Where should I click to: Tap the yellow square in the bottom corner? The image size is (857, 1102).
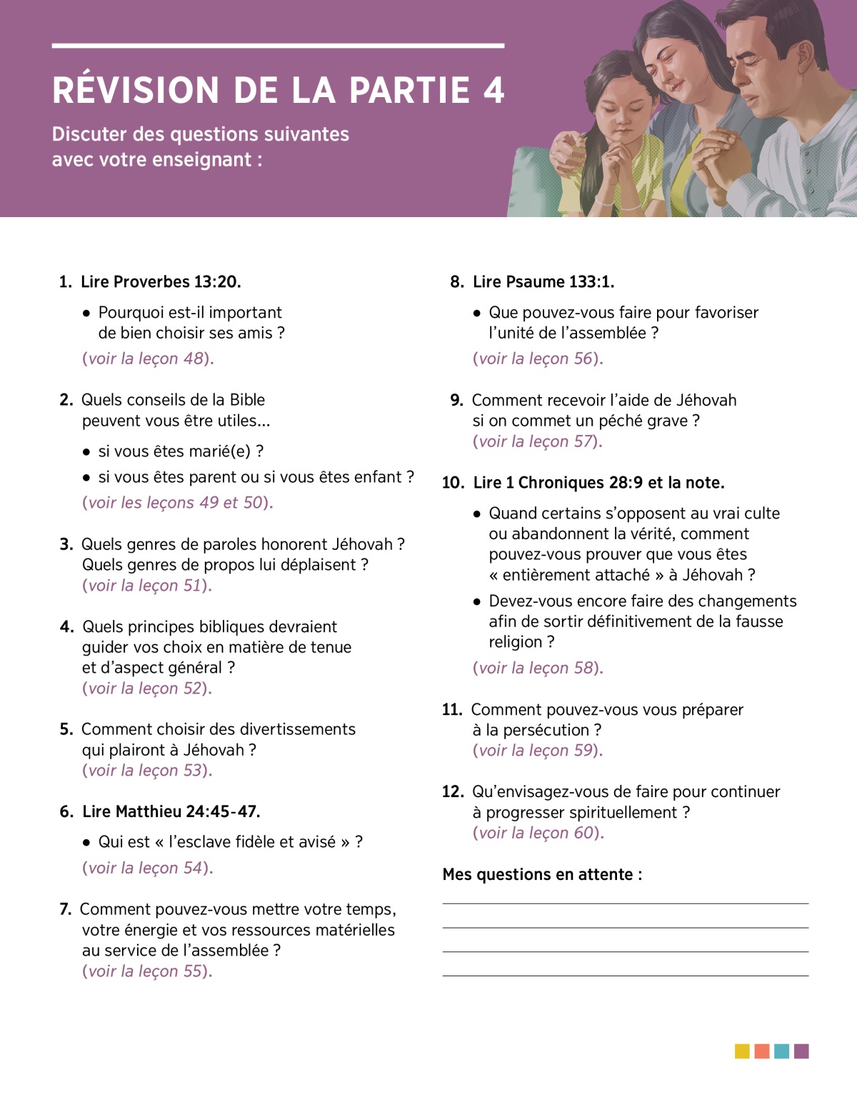[742, 1051]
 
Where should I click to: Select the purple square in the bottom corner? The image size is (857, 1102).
[801, 1051]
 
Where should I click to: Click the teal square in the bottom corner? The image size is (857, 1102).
[782, 1051]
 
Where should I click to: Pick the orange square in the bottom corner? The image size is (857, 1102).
[762, 1051]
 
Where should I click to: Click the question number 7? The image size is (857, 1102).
[65, 909]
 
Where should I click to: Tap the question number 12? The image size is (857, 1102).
[453, 792]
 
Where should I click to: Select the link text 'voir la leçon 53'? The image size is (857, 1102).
[146, 771]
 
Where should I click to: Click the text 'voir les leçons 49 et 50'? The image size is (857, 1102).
[176, 503]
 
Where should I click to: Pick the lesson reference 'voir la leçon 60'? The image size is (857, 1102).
[537, 833]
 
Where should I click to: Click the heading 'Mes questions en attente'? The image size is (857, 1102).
[541, 875]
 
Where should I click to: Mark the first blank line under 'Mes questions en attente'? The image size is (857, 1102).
[625, 903]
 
